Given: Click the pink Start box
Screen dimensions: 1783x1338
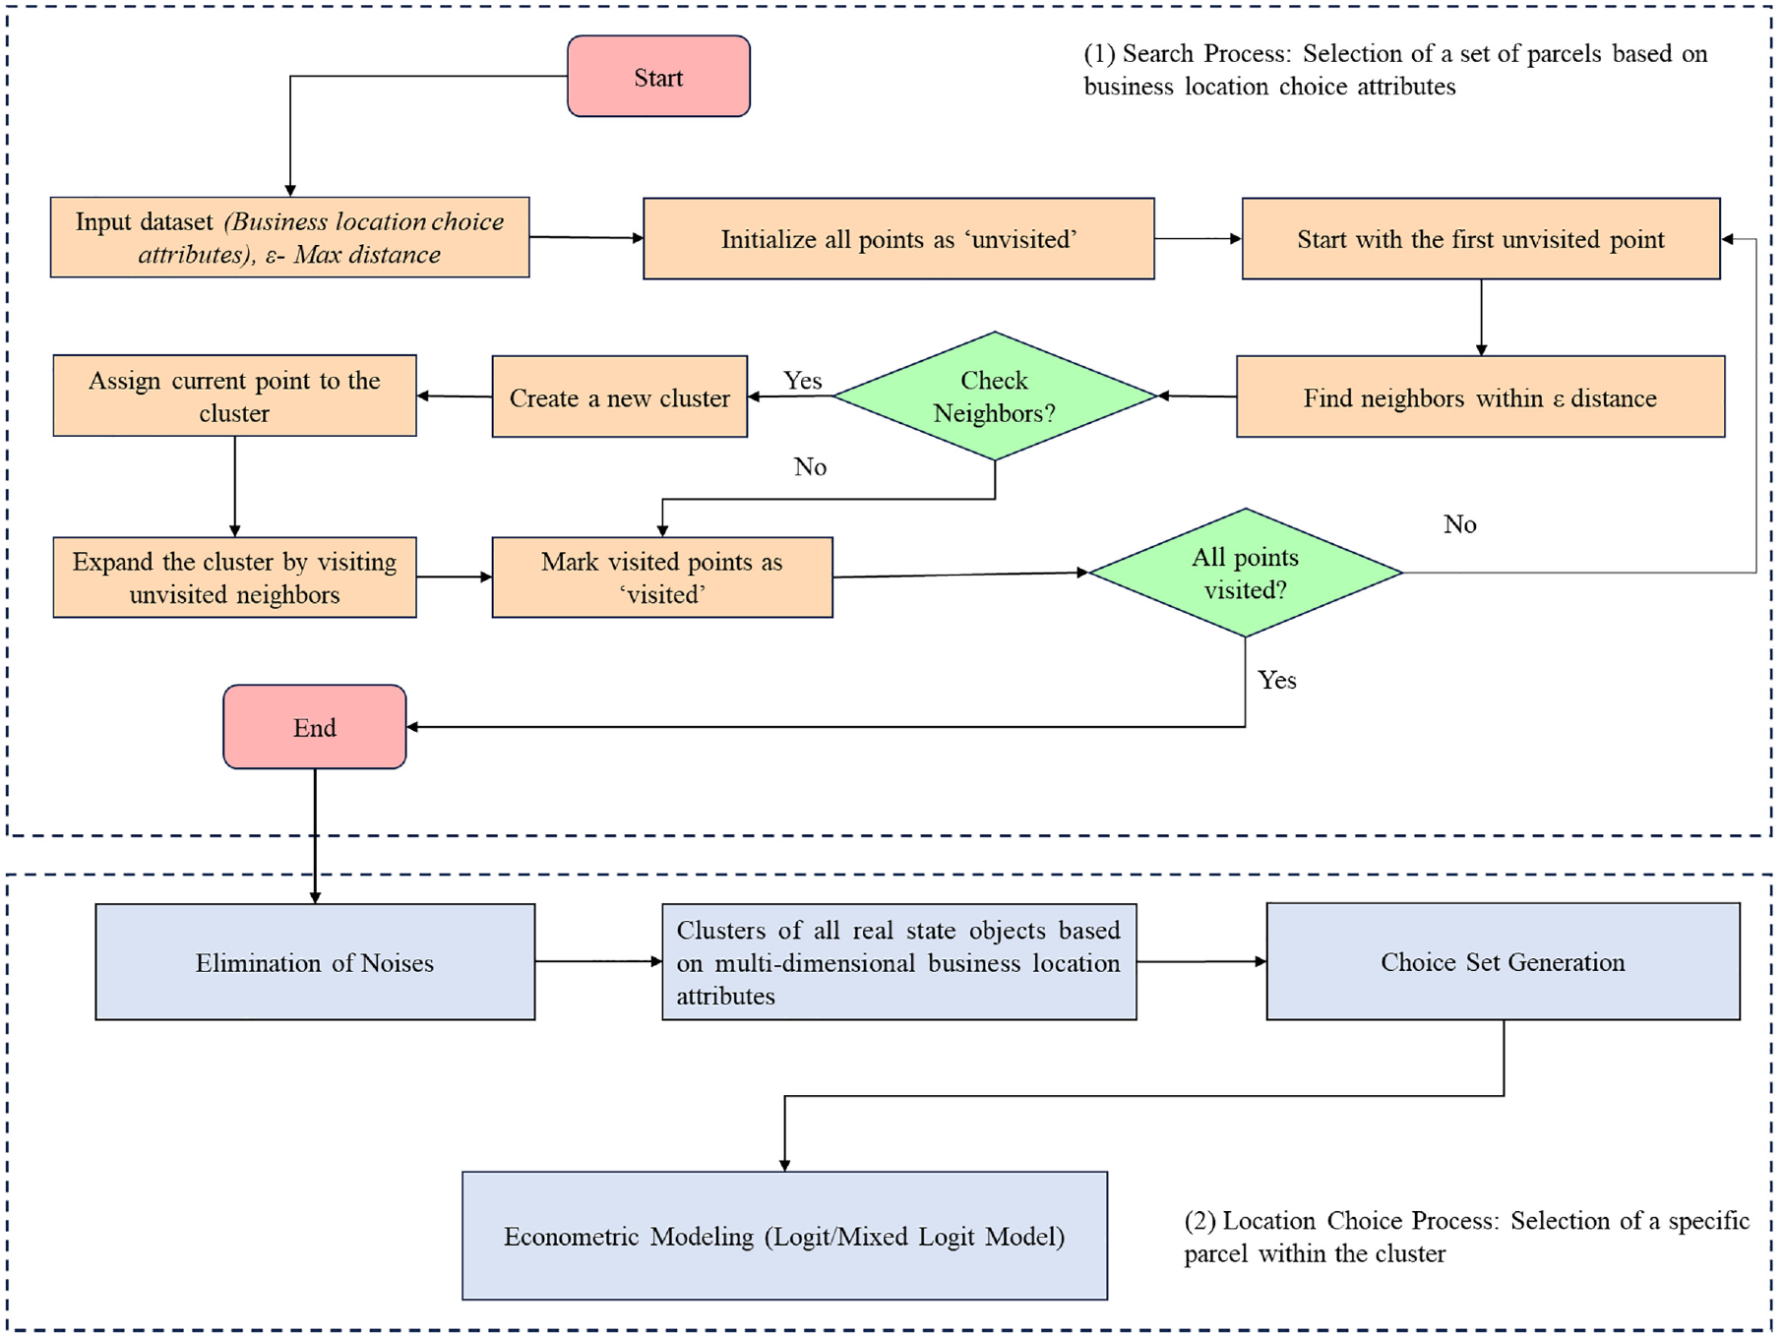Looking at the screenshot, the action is (x=658, y=77).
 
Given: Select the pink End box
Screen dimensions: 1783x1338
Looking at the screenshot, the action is (x=315, y=727).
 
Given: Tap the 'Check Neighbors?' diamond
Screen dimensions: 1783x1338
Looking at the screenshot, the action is (x=995, y=395).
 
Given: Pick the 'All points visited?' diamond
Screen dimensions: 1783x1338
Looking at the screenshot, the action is (x=1246, y=573).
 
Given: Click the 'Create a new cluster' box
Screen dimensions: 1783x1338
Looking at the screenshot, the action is (x=620, y=396).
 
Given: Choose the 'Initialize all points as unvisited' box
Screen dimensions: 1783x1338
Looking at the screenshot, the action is (x=898, y=239).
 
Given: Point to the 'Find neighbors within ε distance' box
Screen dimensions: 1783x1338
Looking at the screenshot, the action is (x=1480, y=396).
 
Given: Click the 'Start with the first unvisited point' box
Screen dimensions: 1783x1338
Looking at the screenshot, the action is (x=1481, y=239).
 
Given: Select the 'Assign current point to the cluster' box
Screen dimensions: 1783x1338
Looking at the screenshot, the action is (x=235, y=395).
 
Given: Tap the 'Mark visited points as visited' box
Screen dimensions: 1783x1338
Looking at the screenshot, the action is (x=662, y=578).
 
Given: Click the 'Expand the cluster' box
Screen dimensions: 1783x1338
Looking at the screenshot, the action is (x=235, y=578).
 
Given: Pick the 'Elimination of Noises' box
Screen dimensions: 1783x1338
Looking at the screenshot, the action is (x=315, y=962).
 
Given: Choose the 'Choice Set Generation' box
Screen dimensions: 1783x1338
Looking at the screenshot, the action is (x=1503, y=961).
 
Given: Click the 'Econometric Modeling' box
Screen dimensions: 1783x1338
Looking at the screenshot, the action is (x=784, y=1236).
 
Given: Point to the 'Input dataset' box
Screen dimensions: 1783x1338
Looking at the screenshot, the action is (x=290, y=237).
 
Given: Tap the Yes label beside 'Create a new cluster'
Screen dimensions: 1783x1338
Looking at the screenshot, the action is (x=803, y=381).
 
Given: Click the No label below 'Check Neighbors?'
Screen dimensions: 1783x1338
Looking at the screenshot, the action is (x=810, y=466).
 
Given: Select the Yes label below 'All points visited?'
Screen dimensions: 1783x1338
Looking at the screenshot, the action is (x=1277, y=680).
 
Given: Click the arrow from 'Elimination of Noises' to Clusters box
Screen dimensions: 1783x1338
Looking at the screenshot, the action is (x=598, y=961).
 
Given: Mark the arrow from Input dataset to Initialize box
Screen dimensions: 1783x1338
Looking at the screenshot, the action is (x=586, y=237).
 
